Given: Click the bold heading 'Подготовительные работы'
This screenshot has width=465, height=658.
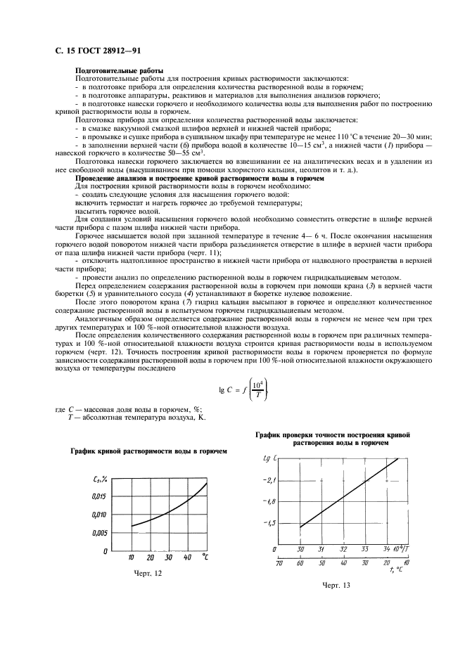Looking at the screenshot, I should pos(119,72).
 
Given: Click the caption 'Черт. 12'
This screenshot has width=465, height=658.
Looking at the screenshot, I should pos(148,574).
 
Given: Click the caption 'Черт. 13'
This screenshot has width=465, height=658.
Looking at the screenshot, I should pos(336,585).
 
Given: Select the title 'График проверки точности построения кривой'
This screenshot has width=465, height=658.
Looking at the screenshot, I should pos(333,436).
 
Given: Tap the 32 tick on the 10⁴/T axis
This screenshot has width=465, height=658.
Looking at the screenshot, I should pos(343,549).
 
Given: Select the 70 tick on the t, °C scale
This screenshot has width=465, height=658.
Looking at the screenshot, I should pos(279,563).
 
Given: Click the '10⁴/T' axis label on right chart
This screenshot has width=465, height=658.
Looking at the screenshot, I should pos(407,548).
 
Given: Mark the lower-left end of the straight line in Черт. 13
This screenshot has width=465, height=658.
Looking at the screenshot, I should pos(300,527).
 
